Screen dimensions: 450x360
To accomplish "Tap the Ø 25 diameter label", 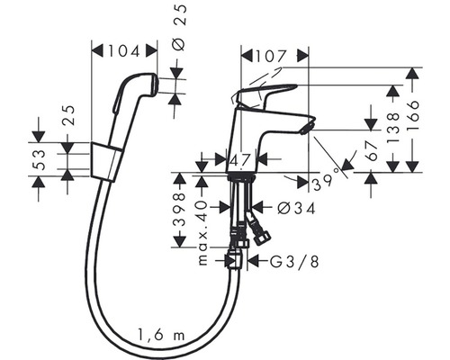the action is pos(179,27).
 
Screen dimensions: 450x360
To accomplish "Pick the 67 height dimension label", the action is pos(372,151).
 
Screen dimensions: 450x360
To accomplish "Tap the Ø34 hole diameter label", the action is pos(297,208).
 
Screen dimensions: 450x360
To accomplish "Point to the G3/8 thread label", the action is pos(294,262).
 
